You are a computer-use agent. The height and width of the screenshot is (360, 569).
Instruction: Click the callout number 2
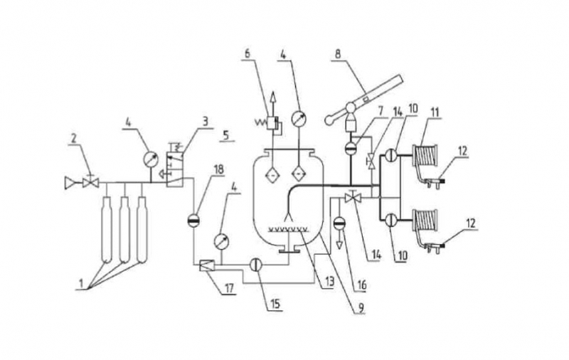[74, 138]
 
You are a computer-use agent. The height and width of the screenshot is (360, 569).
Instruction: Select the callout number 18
[219, 169]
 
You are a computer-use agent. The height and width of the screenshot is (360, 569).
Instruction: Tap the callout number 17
[229, 288]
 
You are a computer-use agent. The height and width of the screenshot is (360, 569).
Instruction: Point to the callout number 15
[275, 304]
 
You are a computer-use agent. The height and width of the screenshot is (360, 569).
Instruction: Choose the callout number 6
[247, 53]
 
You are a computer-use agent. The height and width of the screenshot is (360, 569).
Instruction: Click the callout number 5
[225, 136]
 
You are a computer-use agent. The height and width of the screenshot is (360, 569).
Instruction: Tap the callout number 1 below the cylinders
[82, 282]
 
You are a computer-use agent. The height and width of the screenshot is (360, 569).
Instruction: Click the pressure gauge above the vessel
[299, 118]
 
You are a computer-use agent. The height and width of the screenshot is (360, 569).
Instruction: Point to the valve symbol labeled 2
[90, 181]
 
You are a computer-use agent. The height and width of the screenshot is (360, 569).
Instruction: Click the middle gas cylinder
[124, 229]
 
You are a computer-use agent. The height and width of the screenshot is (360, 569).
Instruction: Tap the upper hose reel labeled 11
[425, 155]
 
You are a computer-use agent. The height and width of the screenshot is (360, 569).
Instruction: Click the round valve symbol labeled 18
[193, 221]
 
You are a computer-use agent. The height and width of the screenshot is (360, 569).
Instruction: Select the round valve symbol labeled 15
[256, 265]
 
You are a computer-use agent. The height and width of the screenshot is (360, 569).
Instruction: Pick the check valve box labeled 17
[207, 266]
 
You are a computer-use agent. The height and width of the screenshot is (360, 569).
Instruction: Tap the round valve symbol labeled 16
[339, 223]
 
